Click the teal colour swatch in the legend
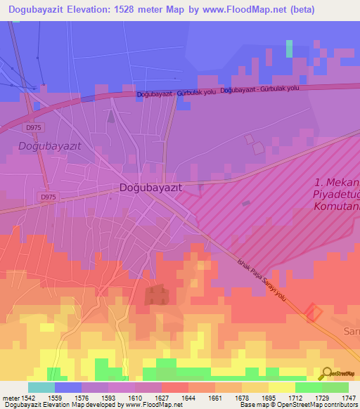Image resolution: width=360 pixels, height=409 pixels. click(41, 387)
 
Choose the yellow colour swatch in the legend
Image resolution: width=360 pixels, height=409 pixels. click(281, 387)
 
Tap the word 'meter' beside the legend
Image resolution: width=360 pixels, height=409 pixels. click(8, 398)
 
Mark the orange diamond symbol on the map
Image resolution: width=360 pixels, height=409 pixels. click(314, 313)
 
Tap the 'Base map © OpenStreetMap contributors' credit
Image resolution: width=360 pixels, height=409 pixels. click(297, 405)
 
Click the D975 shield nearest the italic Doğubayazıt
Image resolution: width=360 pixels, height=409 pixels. click(32, 127)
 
